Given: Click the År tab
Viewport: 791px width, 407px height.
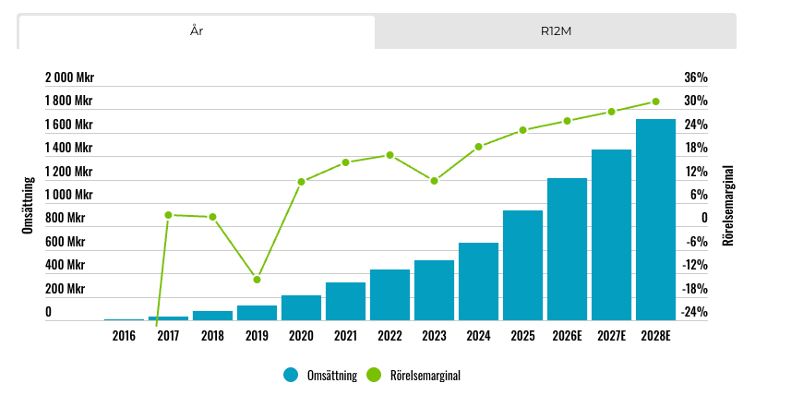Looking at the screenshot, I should [197, 31].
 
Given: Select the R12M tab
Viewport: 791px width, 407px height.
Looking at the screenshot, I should [556, 31].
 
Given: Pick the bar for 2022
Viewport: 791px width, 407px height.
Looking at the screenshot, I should [390, 295].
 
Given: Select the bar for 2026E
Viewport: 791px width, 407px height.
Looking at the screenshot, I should [567, 249].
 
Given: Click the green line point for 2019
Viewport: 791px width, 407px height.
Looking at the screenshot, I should [257, 280].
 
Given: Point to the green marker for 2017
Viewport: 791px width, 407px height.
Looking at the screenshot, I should [168, 215].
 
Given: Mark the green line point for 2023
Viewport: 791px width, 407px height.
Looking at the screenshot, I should [434, 180].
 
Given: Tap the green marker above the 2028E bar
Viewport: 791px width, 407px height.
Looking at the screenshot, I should [655, 102].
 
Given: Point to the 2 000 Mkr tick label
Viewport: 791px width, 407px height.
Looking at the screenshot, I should [69, 78].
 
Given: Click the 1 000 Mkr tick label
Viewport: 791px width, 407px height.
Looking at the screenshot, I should [69, 195].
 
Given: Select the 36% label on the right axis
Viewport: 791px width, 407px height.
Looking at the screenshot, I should [696, 78].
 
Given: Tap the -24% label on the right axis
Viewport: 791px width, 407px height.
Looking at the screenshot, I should [694, 312].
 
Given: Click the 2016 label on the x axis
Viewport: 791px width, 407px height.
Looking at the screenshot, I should [124, 336].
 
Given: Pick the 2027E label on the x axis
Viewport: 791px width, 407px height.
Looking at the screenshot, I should [611, 336].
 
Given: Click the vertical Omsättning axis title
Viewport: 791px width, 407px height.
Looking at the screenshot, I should [27, 205].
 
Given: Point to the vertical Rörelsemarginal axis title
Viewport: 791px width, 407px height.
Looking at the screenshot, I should [728, 205].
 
